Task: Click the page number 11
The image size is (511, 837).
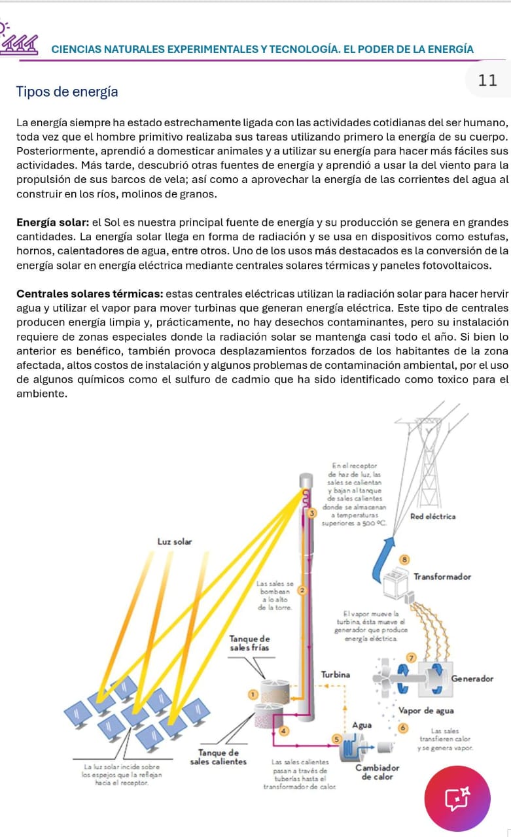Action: click(x=488, y=80)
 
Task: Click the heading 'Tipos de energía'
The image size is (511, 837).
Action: click(x=67, y=92)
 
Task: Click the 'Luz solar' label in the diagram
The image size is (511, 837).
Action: click(x=174, y=541)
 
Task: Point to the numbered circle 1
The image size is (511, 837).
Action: click(x=249, y=693)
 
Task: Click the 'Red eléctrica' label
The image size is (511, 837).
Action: click(x=432, y=517)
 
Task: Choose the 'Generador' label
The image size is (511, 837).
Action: click(x=472, y=679)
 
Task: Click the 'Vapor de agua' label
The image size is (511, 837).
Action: click(x=426, y=710)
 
